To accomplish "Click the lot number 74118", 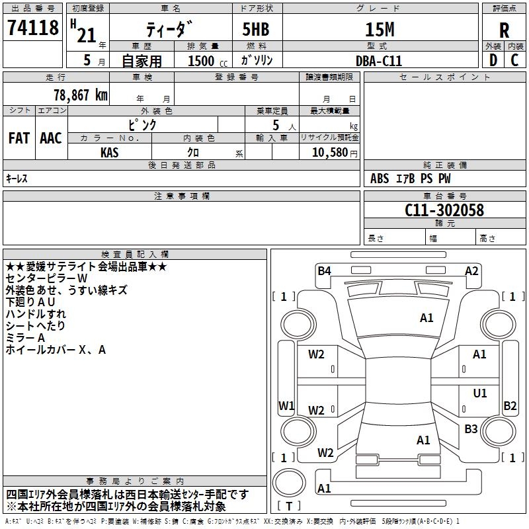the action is pos(32,27).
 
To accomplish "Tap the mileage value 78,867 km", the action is pos(81,95).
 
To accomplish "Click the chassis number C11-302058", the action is pos(444,210).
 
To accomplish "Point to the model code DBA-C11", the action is pos(379,61).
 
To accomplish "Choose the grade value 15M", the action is pos(380,29).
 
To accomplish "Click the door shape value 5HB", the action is pos(256,29).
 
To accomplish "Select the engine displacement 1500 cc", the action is pos(208,61).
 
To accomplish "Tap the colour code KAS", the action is pos(110,153).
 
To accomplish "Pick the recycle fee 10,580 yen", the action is pos(335,153).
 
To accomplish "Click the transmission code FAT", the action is pos(19,138).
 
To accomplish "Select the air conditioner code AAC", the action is pos(51,138).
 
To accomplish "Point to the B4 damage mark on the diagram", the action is pos(324,270).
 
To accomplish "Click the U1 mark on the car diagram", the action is pos(480,393).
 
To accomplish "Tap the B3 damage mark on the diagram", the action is pos(471,428).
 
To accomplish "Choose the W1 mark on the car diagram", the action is pos(286,405).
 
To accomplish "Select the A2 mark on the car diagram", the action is pos(471,270).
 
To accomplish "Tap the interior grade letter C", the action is pos(514,60).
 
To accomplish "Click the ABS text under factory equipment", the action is pos(380,179).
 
